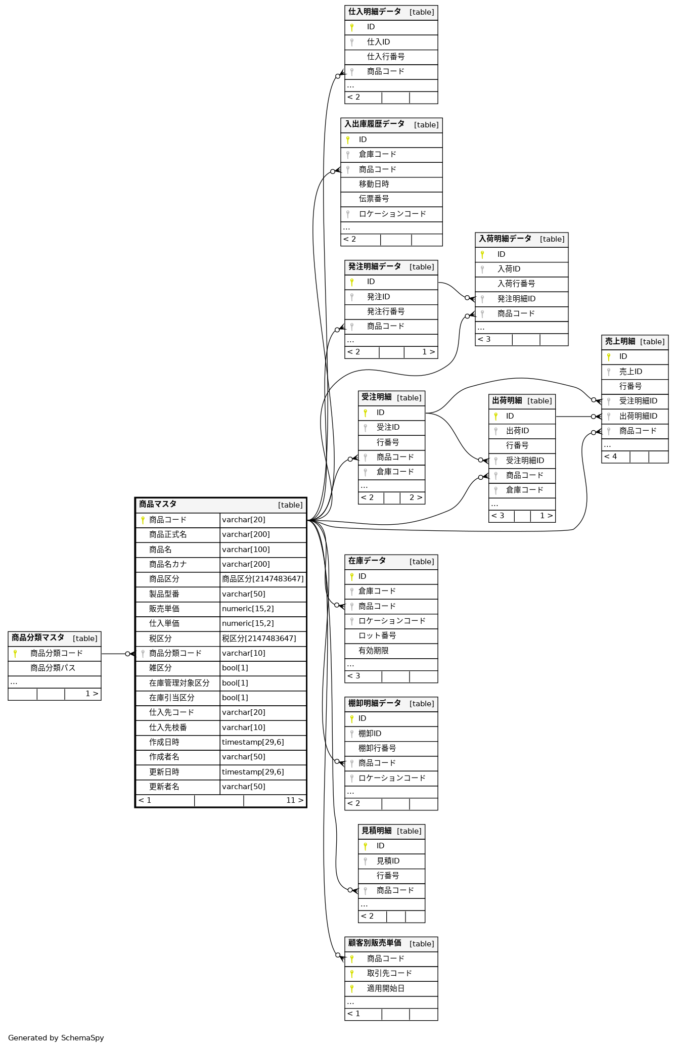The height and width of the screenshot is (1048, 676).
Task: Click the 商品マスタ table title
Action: (x=158, y=504)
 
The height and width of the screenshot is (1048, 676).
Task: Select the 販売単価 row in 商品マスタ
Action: (x=164, y=609)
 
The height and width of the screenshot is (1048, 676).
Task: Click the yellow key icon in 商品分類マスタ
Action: (x=15, y=653)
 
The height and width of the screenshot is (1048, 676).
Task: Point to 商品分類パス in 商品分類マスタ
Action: (x=53, y=668)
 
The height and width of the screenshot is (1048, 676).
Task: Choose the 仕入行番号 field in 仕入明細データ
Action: (x=385, y=57)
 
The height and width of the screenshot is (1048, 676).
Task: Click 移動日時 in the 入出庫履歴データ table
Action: (x=374, y=184)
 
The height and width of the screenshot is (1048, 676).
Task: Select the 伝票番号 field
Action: (x=374, y=199)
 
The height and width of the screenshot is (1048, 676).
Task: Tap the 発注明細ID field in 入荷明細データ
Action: (x=516, y=299)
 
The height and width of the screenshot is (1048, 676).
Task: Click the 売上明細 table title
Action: (x=620, y=341)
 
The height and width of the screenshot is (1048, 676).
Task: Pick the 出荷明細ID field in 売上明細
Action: (x=638, y=416)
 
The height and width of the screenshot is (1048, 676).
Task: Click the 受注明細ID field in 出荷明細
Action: (x=525, y=461)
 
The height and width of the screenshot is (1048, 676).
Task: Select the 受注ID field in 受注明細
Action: (x=388, y=427)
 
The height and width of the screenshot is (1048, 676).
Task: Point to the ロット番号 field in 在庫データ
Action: (x=377, y=635)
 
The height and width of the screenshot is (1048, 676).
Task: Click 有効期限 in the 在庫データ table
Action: (x=373, y=651)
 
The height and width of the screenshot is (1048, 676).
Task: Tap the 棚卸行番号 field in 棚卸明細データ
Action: (x=377, y=748)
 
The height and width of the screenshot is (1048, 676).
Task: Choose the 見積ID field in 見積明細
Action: (x=388, y=861)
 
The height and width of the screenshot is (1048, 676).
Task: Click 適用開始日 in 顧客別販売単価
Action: (x=385, y=988)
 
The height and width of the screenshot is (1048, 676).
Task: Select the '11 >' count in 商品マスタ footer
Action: (x=295, y=800)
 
